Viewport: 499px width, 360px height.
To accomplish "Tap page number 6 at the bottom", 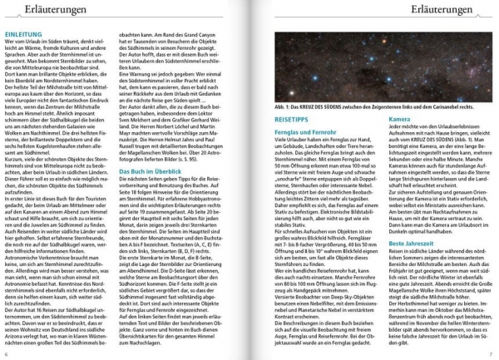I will (x=7, y=355).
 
